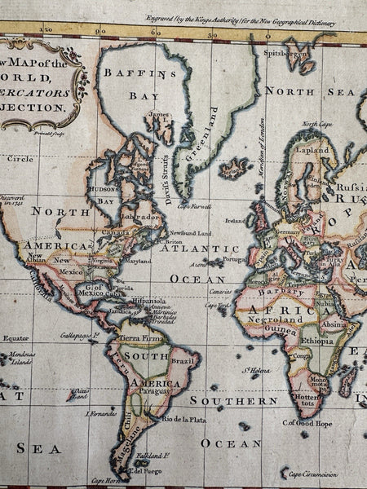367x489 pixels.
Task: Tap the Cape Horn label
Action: coord(104,480)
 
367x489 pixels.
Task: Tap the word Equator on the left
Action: coord(15,337)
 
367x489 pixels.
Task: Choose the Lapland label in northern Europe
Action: coord(312,151)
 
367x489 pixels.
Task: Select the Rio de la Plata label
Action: coord(183,419)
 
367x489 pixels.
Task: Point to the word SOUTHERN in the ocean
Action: coord(233,400)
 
